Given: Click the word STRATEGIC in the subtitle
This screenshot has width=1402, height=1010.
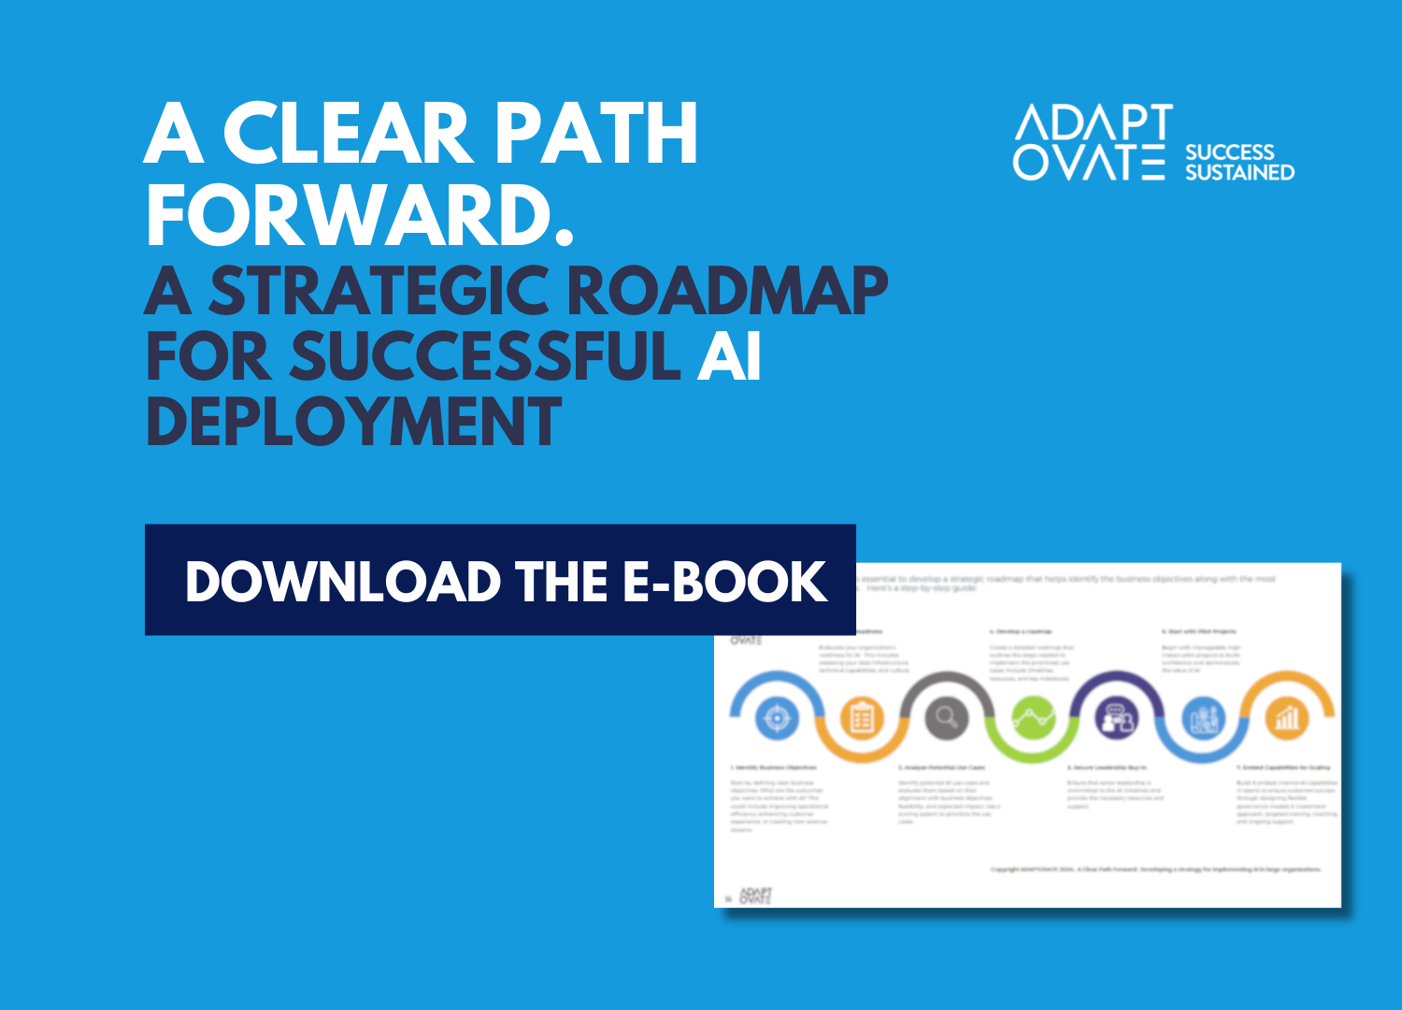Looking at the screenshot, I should [x=379, y=291].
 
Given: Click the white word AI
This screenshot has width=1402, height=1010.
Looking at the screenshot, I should [x=729, y=356].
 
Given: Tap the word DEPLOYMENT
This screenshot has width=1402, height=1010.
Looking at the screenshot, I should [x=354, y=422].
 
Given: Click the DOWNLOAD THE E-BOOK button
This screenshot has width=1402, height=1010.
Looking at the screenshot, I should [x=500, y=580].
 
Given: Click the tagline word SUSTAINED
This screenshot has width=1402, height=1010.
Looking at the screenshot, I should [x=1239, y=172].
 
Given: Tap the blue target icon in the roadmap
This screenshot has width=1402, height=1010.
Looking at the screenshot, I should [x=776, y=718].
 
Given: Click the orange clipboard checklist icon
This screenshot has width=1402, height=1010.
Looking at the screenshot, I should [x=862, y=718].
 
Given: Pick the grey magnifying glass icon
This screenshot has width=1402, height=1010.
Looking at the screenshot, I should [x=947, y=718].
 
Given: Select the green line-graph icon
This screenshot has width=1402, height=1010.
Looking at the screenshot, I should [x=1032, y=718].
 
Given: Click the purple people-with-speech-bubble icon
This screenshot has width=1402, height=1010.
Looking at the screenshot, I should [x=1117, y=718].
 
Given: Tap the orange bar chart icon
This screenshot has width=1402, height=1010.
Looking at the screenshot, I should [x=1287, y=718].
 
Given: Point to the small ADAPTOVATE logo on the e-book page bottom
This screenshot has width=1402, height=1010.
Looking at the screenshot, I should [x=755, y=896].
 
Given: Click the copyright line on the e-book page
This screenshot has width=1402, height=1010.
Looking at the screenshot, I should [x=1156, y=870].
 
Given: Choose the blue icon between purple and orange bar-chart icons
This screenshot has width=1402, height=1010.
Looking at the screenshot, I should [x=1202, y=718].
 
